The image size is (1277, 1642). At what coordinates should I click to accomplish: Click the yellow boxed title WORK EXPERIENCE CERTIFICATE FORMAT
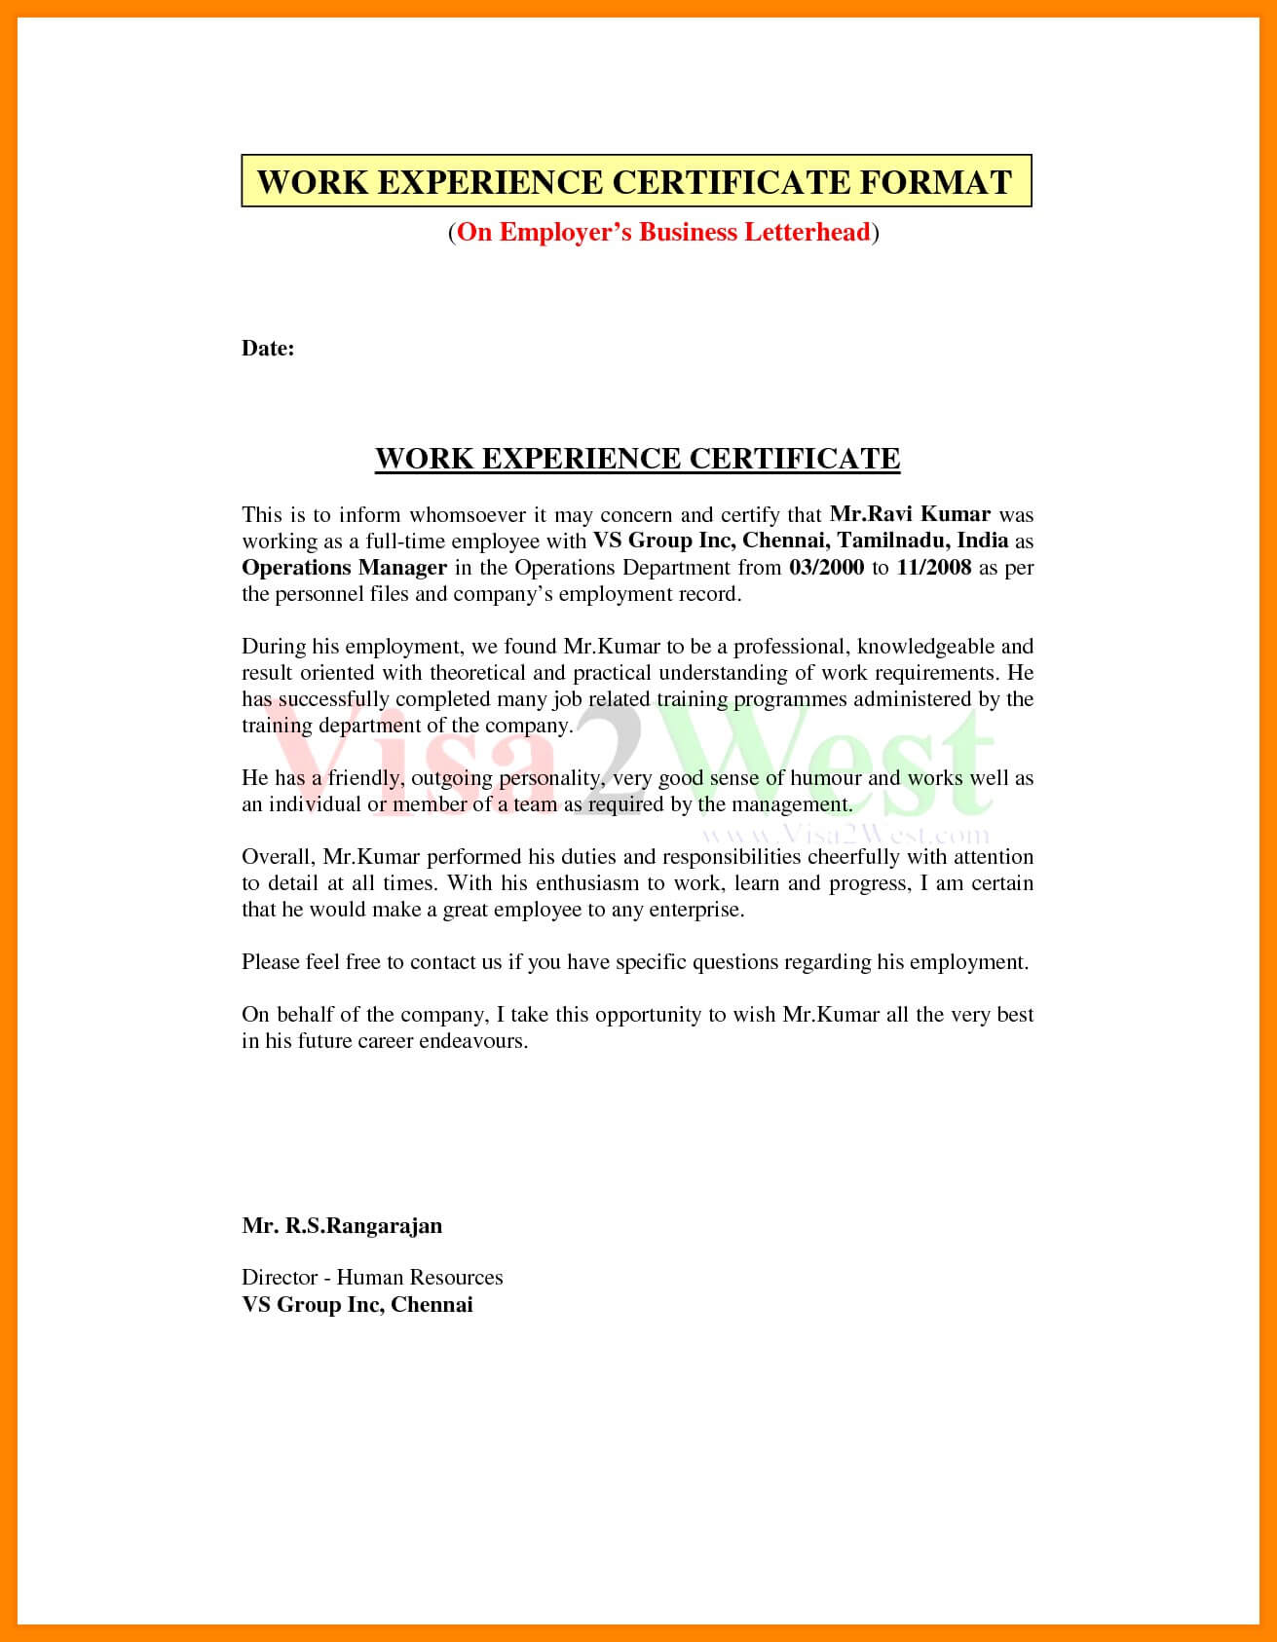635,181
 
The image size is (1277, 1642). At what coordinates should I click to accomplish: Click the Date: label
268,349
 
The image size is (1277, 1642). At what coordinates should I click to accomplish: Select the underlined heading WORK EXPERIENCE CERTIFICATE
637,459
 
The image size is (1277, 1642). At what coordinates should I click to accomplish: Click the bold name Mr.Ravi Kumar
910,514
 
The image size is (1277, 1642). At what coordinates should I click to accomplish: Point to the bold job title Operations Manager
344,568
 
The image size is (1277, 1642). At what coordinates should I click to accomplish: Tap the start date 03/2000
827,568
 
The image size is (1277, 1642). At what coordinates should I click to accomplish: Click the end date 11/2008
934,568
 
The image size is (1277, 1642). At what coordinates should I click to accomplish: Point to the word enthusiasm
583,883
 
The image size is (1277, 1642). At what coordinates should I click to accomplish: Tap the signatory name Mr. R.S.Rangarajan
342,1225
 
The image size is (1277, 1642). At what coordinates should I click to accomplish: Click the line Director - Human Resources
372,1278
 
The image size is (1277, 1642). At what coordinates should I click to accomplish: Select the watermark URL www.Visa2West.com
844,835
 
